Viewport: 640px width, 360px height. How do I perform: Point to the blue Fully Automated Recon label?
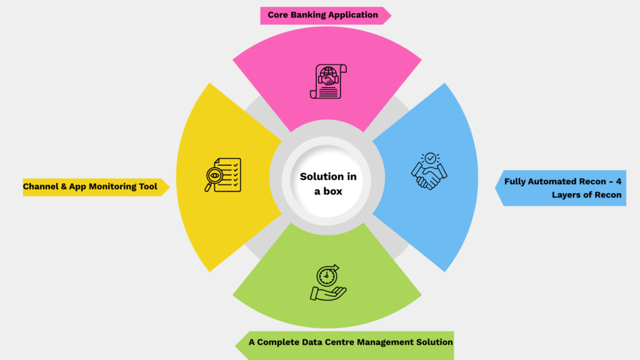(x=562, y=188)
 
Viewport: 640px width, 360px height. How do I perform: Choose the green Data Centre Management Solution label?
(x=350, y=342)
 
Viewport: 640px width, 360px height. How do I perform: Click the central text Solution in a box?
(x=328, y=184)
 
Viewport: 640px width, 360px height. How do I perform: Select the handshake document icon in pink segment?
(x=328, y=81)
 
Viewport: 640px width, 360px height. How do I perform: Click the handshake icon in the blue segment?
(x=429, y=171)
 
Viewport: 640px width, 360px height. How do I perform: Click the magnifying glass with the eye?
(x=214, y=177)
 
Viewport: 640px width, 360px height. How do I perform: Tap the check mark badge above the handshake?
(x=429, y=158)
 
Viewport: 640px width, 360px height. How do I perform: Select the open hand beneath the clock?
(x=328, y=293)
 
